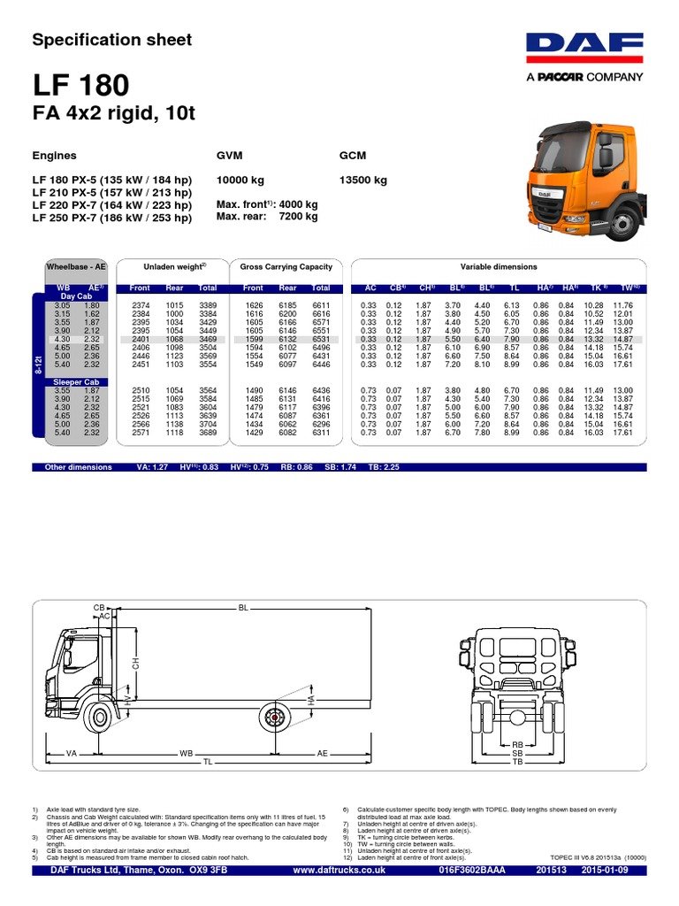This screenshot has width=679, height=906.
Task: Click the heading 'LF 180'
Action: [80, 86]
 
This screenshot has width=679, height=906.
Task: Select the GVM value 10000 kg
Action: [240, 180]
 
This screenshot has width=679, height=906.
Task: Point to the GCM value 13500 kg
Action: [363, 180]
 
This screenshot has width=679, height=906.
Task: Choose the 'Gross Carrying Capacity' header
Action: [286, 266]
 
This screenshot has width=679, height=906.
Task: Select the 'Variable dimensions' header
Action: [498, 266]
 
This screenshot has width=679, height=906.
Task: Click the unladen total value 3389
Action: [208, 305]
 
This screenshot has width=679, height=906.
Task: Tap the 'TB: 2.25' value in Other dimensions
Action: [383, 467]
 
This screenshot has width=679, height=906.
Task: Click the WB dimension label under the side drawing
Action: [186, 753]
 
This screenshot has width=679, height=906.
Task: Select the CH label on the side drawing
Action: [136, 663]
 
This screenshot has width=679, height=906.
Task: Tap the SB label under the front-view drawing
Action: [518, 753]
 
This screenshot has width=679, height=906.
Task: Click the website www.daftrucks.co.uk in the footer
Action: [339, 871]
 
